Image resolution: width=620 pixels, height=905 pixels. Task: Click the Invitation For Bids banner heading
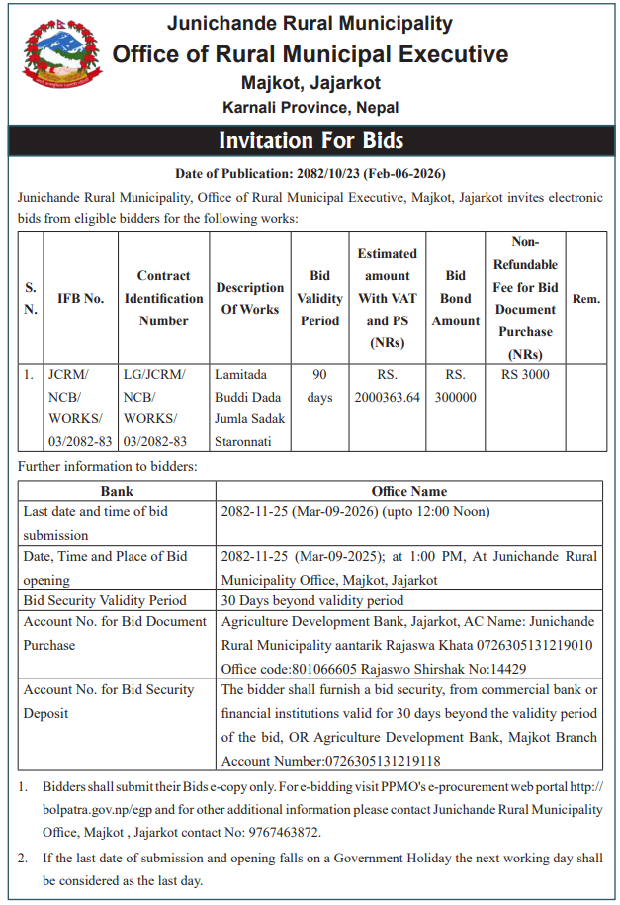(x=310, y=139)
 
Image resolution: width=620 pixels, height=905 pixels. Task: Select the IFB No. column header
(x=81, y=298)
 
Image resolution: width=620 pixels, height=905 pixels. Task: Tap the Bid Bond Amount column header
(x=456, y=298)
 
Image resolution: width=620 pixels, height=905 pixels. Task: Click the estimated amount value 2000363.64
(x=387, y=397)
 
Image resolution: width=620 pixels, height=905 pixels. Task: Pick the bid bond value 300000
(x=456, y=397)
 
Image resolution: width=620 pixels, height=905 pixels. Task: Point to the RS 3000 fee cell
(x=525, y=375)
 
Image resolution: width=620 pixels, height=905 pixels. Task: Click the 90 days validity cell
(x=319, y=386)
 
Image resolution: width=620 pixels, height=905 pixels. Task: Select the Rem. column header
(x=586, y=298)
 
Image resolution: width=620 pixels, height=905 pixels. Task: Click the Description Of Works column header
(x=250, y=298)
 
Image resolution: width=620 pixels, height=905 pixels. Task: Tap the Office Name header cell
(x=409, y=491)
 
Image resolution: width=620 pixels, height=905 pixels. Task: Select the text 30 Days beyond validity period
(x=312, y=600)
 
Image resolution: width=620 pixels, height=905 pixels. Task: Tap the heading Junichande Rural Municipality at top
(x=310, y=23)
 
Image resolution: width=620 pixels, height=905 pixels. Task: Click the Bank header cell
(x=117, y=491)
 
